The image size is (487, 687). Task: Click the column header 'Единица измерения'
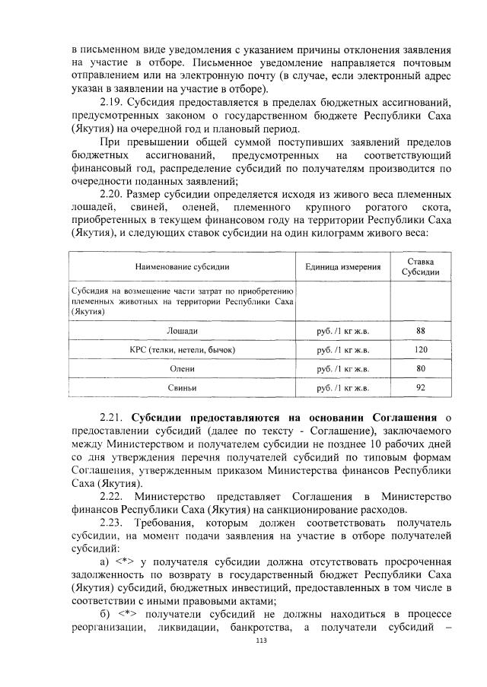(x=343, y=267)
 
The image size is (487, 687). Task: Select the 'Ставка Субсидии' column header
(x=420, y=267)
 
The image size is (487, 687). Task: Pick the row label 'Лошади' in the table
(x=182, y=331)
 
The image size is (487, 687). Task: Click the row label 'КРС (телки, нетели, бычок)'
(x=182, y=350)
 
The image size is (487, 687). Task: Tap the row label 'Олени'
(x=182, y=369)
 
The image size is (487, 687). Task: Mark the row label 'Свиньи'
(x=182, y=388)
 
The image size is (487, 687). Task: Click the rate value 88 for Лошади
(x=420, y=331)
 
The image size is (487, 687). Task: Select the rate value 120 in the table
(x=420, y=350)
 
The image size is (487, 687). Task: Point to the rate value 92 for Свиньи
(x=420, y=388)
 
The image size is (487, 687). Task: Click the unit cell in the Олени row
(x=343, y=369)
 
